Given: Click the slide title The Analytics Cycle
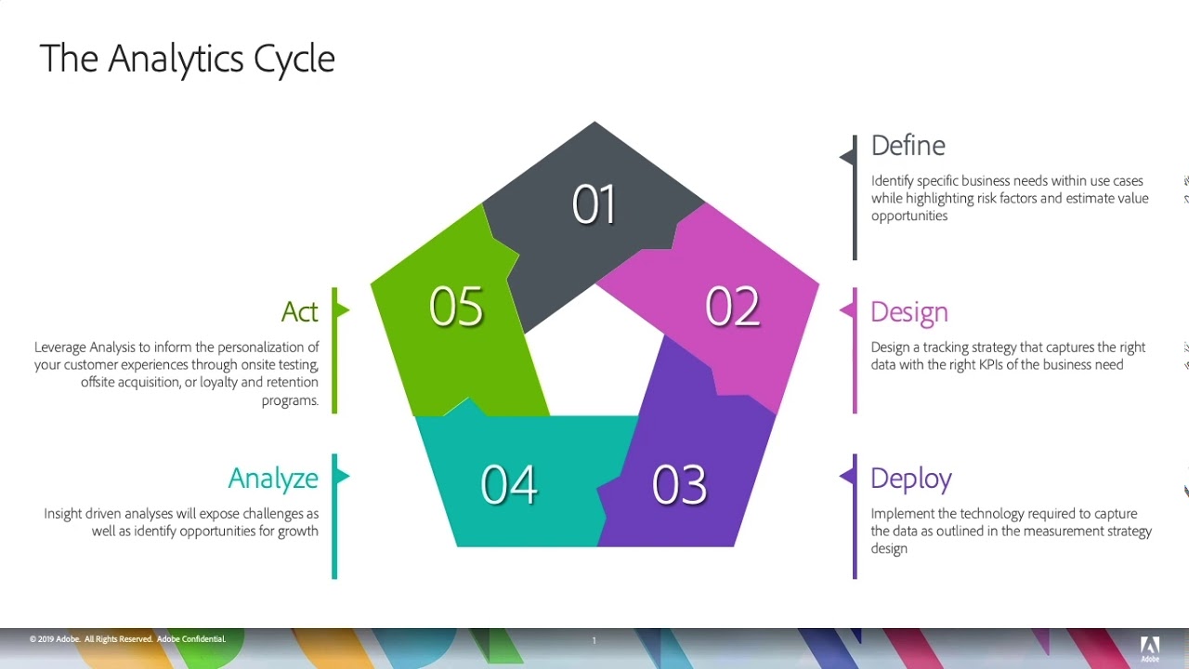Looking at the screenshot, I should tap(187, 59).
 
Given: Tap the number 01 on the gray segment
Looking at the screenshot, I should tap(594, 204).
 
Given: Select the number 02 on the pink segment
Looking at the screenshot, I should tap(732, 307).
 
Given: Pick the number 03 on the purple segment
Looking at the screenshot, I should tap(679, 484).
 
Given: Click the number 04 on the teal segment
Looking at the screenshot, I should tap(509, 484).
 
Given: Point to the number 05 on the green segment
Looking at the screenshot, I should tap(456, 307).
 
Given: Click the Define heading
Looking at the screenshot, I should tap(908, 146).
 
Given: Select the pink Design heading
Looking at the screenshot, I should tap(908, 312).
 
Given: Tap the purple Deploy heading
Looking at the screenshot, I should tap(910, 479).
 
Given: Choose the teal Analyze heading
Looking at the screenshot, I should tap(273, 479).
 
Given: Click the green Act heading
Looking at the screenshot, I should tap(299, 312).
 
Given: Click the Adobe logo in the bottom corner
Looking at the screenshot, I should tap(1150, 648).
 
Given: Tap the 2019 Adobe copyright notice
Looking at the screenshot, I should tap(127, 639).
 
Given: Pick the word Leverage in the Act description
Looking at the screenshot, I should tap(60, 348).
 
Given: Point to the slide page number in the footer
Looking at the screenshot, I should tap(594, 640).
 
